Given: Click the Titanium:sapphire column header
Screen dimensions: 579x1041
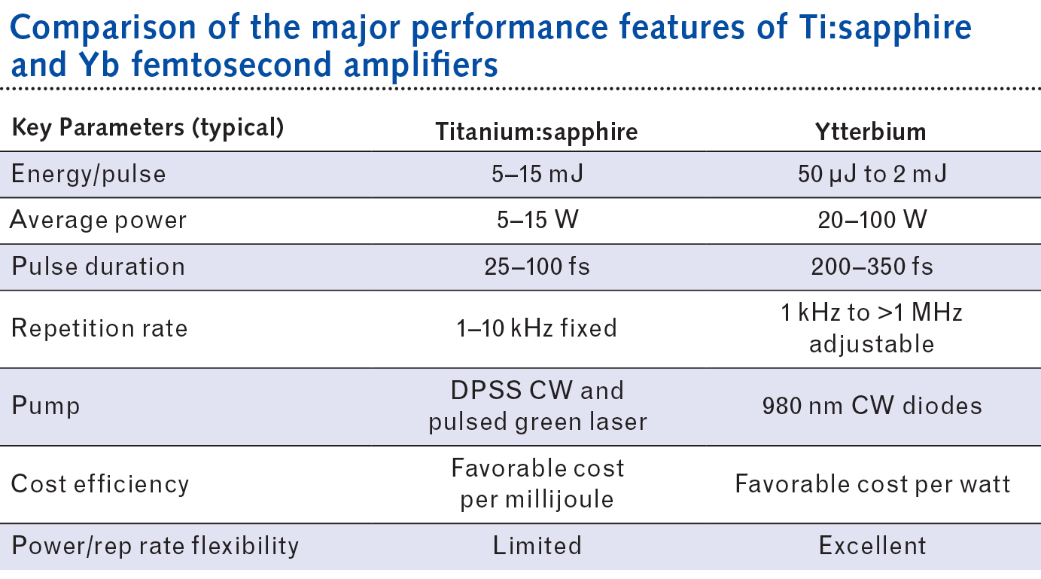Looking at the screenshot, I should pyautogui.click(x=537, y=132).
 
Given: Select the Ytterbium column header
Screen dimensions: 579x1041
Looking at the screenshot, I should pyautogui.click(x=872, y=132).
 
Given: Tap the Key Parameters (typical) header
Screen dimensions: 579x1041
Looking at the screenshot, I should pyautogui.click(x=148, y=128).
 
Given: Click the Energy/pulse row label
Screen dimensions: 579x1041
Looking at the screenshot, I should pyautogui.click(x=88, y=174).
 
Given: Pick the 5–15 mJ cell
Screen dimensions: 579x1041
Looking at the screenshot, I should pyautogui.click(x=537, y=175).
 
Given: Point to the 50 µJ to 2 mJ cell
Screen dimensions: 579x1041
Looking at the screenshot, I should pyautogui.click(x=872, y=175).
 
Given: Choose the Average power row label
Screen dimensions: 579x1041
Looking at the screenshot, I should pyautogui.click(x=99, y=221).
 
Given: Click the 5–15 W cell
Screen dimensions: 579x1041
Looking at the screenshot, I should pyautogui.click(x=537, y=221).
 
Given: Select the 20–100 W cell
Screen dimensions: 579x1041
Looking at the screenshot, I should pyautogui.click(x=872, y=221).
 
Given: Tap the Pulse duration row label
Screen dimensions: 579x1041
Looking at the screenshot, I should pyautogui.click(x=98, y=267).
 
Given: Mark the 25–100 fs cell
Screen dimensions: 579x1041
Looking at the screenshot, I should pyautogui.click(x=537, y=267).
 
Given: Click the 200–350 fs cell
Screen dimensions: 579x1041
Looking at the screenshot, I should pyautogui.click(x=872, y=267).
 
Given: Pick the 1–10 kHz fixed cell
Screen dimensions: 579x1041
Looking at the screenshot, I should pyautogui.click(x=537, y=328).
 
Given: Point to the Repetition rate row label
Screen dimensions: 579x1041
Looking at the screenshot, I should pyautogui.click(x=99, y=328).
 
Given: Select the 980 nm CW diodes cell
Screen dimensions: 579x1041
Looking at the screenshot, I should pyautogui.click(x=872, y=407).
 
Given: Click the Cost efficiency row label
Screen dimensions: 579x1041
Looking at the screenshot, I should pyautogui.click(x=100, y=483).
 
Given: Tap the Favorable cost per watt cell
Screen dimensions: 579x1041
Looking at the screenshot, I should pyautogui.click(x=872, y=483).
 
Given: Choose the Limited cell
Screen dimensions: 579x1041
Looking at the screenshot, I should pyautogui.click(x=537, y=545).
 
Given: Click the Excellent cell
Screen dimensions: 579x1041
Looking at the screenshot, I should pyautogui.click(x=872, y=545).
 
